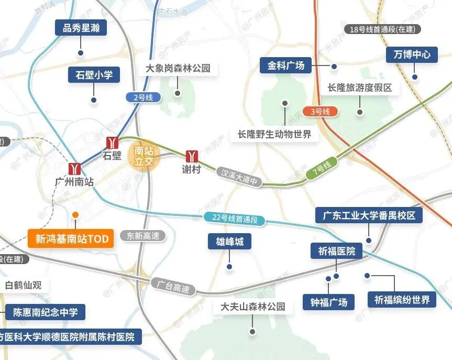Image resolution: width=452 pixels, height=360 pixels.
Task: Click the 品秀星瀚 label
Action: click(x=81, y=28)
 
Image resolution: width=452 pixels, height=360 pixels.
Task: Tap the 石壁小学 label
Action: click(x=94, y=75)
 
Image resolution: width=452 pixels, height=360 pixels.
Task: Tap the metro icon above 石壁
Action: click(x=113, y=142)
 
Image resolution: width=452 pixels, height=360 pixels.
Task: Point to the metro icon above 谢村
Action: click(x=192, y=156)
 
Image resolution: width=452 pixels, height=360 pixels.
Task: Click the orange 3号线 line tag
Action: click(x=320, y=112)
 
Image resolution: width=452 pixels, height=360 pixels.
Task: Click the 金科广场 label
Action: click(x=286, y=66)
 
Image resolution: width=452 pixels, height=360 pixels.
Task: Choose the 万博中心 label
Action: click(x=412, y=54)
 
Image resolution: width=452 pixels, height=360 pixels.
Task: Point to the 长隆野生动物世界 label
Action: click(x=274, y=134)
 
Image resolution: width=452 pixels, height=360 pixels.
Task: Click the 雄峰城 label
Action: click(x=229, y=242)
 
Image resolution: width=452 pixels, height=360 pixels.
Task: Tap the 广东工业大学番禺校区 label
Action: click(x=369, y=215)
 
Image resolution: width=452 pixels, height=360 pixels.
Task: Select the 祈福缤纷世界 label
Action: click(x=402, y=300)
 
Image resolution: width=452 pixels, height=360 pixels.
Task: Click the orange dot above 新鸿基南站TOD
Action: click(x=75, y=215)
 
